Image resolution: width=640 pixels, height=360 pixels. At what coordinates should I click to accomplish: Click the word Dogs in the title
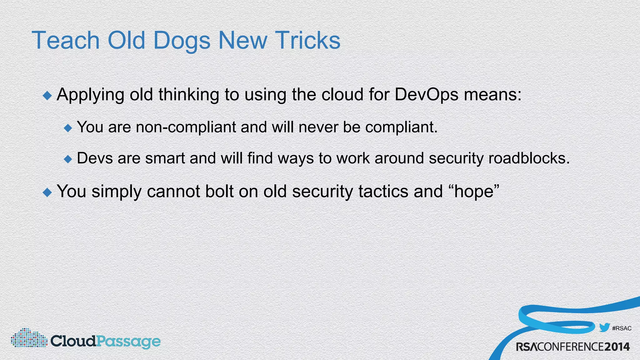(x=182, y=41)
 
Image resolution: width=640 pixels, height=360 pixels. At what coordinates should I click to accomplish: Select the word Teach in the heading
(x=66, y=41)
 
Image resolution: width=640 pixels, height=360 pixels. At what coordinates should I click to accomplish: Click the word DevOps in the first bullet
(x=426, y=94)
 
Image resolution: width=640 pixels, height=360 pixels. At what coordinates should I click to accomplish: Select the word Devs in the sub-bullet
(x=95, y=158)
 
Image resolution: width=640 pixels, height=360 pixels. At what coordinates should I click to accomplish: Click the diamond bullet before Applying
(x=47, y=96)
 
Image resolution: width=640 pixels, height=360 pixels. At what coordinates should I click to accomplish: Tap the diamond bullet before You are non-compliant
(x=68, y=128)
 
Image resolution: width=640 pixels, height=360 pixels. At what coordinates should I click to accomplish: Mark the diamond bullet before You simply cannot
(x=47, y=192)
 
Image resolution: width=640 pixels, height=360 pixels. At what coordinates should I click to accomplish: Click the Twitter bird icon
(x=604, y=327)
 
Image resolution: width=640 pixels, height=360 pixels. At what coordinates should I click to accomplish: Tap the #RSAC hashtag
(x=622, y=328)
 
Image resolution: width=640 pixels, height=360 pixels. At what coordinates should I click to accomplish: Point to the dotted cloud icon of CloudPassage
(x=29, y=338)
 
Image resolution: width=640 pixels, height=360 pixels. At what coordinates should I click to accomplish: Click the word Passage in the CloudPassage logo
(x=128, y=342)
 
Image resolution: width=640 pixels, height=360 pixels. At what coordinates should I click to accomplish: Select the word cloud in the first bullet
(x=342, y=94)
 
